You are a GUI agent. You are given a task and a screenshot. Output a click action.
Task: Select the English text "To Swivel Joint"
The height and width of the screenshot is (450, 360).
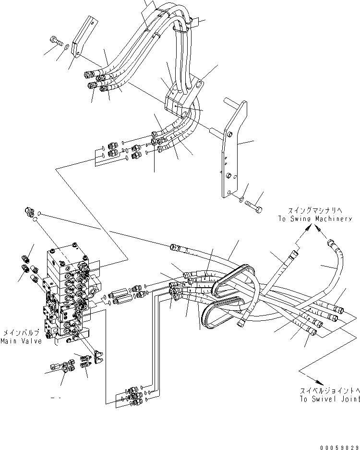click(x=330, y=399)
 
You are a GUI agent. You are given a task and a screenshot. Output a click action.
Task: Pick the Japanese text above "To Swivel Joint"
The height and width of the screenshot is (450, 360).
click(x=330, y=391)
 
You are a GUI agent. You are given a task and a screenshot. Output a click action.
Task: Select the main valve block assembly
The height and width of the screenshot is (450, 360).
click(x=67, y=295)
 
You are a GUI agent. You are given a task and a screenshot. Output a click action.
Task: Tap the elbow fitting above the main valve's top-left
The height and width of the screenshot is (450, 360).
click(x=29, y=211)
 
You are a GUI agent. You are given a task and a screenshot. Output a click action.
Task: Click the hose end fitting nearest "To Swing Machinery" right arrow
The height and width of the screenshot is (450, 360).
click(x=331, y=243)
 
